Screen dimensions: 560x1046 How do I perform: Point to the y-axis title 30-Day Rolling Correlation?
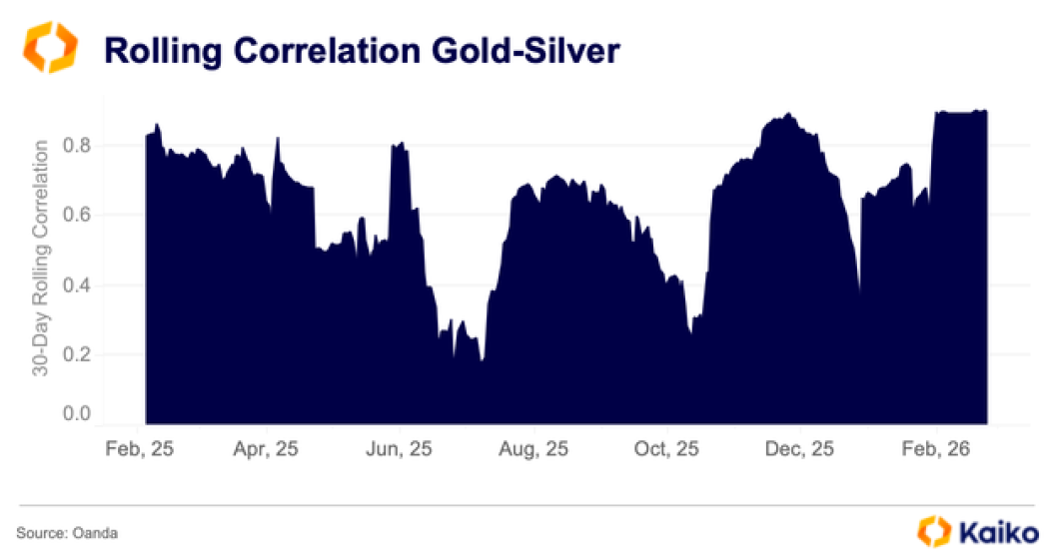(41, 258)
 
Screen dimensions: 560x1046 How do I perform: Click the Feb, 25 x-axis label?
(140, 450)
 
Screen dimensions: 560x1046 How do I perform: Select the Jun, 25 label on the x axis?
(399, 450)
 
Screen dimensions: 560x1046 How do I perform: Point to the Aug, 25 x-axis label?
(534, 450)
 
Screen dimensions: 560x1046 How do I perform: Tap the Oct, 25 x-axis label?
(667, 450)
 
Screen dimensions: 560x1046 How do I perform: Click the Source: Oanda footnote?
(67, 533)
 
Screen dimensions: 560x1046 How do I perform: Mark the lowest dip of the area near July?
(482, 360)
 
